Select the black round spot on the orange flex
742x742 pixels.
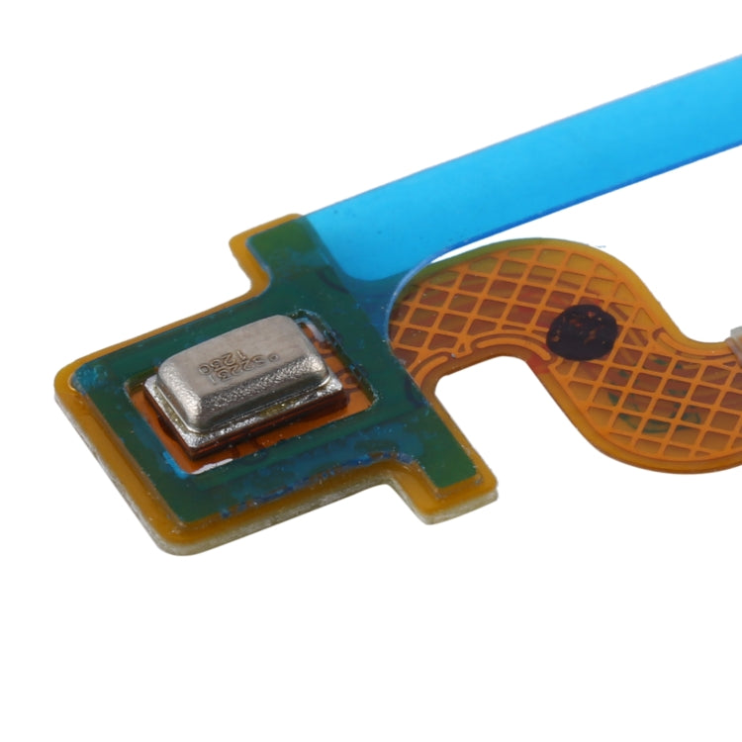(581, 332)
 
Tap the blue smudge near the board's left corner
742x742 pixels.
(94, 381)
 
